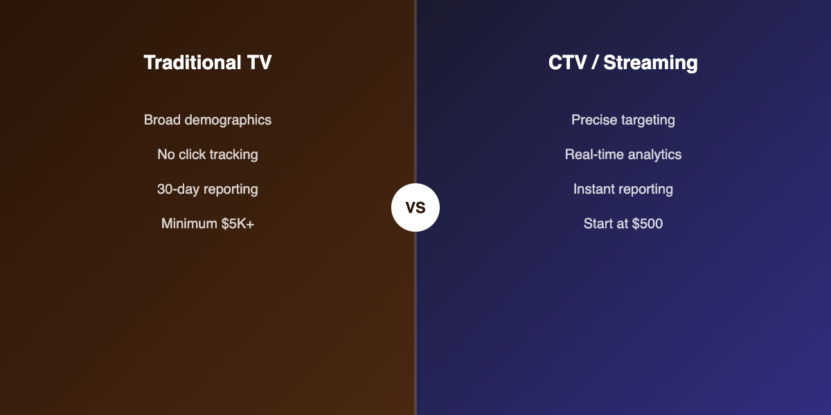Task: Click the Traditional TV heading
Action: coord(208,63)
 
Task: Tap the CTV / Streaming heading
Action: coord(623,63)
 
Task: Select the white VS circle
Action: coord(415,207)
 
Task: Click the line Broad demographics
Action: coord(208,120)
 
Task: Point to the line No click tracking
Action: coord(208,154)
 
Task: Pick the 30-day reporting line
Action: coord(208,189)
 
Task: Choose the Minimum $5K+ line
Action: coord(208,223)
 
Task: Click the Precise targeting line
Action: coord(623,120)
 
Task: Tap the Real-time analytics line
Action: coord(623,154)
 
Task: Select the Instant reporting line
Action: coord(623,189)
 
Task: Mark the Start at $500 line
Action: coord(623,223)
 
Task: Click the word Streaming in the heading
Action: coord(650,63)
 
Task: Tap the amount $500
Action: coord(647,223)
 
